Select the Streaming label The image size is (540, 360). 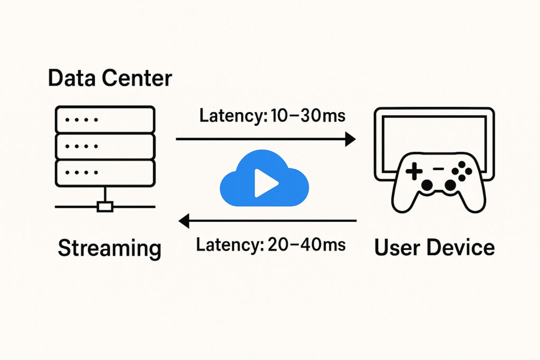[109, 248]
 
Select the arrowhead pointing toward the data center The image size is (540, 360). [185, 221]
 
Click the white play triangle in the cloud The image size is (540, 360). [265, 183]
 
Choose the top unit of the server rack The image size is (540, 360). [105, 120]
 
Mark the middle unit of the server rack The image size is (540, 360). [105, 146]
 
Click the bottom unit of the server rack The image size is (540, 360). [105, 172]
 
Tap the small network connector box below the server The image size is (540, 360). [105, 207]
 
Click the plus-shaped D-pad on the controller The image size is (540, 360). [413, 170]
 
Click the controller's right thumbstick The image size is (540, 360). [450, 185]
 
